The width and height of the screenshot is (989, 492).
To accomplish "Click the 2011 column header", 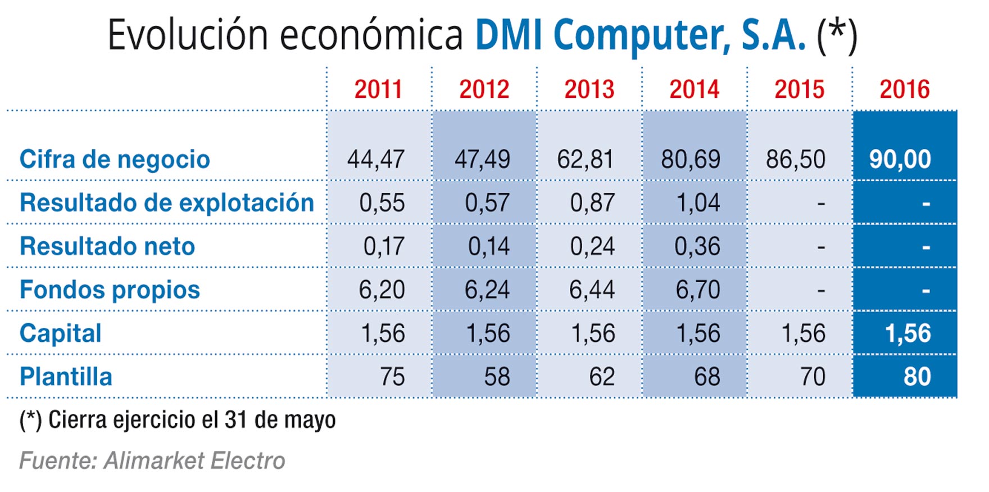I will (x=378, y=89).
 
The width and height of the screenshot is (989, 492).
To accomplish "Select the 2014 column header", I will (x=694, y=89).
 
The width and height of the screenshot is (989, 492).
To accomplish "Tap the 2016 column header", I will (x=904, y=89).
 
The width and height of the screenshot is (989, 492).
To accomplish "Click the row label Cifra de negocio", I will (x=115, y=159).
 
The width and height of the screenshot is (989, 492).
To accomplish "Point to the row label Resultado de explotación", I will (x=166, y=203).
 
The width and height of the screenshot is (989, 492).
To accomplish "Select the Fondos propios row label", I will (x=110, y=290).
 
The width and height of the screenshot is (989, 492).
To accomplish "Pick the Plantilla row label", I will (x=66, y=377).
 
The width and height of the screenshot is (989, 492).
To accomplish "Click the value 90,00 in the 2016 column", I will (x=900, y=159).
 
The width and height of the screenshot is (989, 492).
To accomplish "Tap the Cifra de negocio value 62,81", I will (x=585, y=160).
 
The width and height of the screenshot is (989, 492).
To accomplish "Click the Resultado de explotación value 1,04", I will (x=698, y=203).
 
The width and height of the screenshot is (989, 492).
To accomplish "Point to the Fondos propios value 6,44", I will (x=592, y=290).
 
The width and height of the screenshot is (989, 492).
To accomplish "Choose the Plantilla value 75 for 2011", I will (x=392, y=377).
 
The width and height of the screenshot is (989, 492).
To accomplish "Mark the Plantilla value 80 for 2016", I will (x=917, y=377).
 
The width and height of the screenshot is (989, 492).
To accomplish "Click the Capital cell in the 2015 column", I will (x=804, y=333).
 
